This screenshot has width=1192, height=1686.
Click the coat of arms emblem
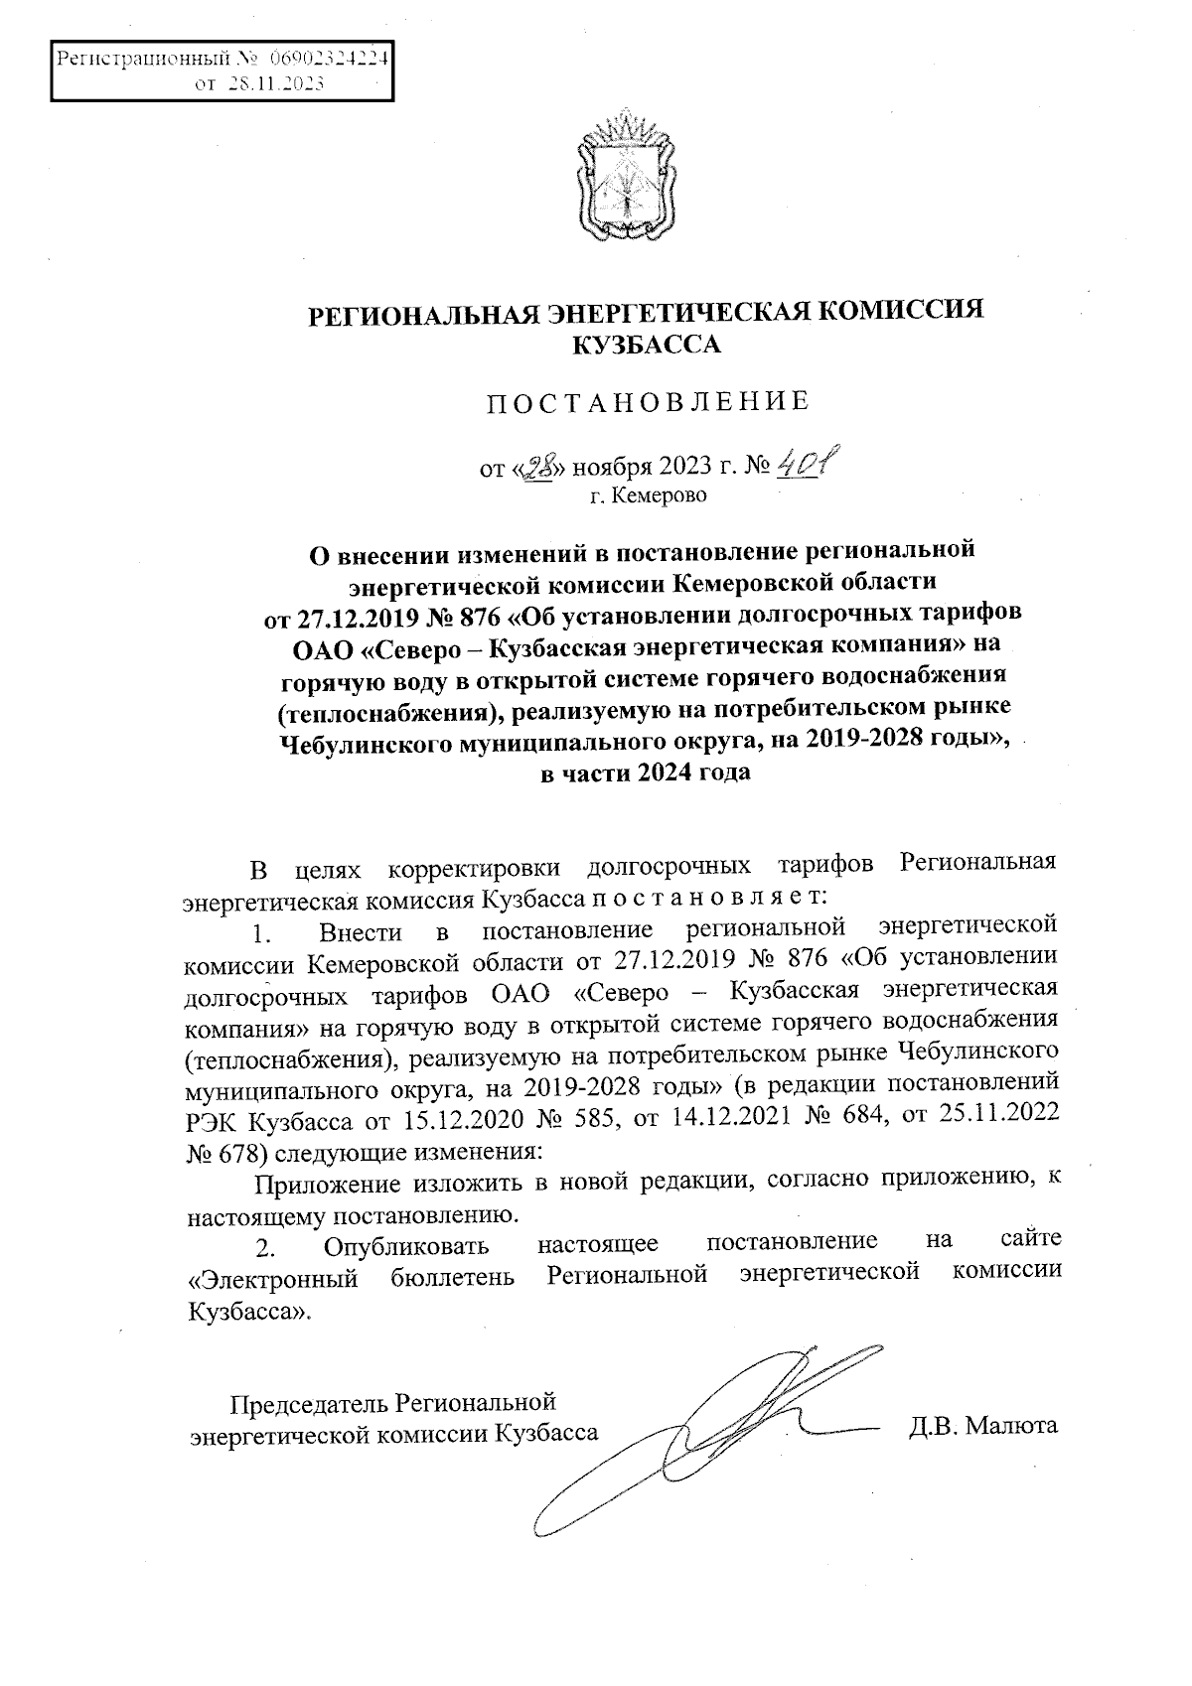click(x=628, y=179)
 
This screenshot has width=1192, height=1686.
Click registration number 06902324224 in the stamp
click(x=327, y=59)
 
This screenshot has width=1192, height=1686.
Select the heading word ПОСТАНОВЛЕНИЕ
click(x=647, y=402)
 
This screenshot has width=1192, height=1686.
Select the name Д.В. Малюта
click(x=982, y=1427)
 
